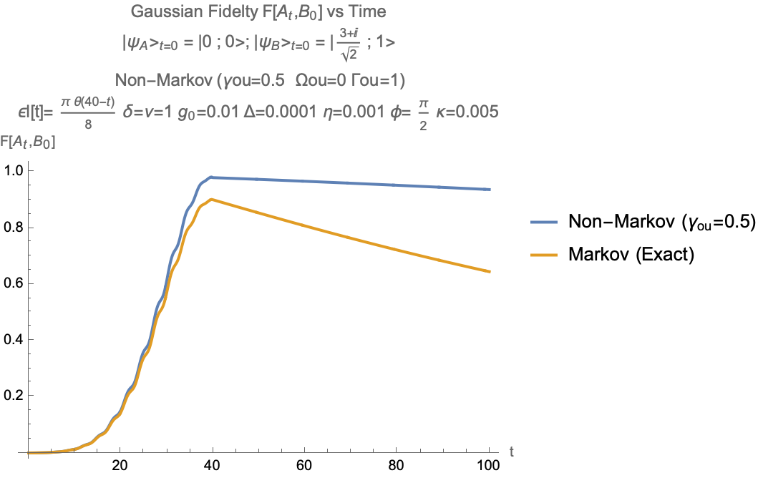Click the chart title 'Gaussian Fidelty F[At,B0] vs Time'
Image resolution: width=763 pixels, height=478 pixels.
pyautogui.click(x=259, y=12)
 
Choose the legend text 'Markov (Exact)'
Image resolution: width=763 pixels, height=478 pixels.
pyautogui.click(x=631, y=255)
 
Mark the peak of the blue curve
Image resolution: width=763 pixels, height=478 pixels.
pyautogui.click(x=211, y=176)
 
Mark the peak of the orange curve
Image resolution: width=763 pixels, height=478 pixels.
pyautogui.click(x=211, y=199)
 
